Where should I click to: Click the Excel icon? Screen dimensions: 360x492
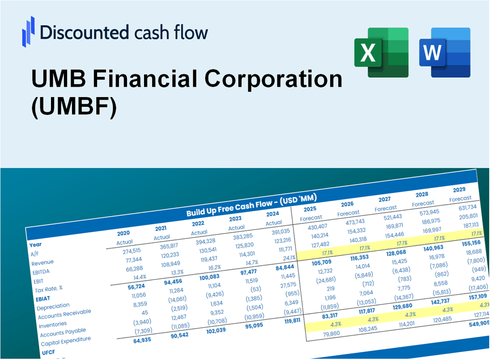pos(381,52)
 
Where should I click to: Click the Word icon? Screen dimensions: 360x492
pos(444,52)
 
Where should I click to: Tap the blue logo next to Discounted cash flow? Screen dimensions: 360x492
pos(28,32)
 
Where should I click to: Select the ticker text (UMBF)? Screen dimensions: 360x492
pos(74,108)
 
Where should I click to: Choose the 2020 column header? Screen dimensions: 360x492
pos(123,233)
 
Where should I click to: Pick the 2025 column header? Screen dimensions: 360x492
pos(310,209)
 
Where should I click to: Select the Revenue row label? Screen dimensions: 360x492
pos(42,263)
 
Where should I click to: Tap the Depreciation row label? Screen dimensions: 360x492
pos(53,306)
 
